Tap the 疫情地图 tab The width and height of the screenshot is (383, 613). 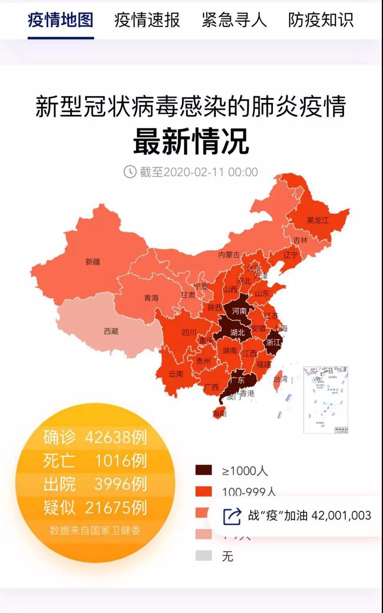60,20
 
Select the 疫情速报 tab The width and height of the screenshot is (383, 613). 147,20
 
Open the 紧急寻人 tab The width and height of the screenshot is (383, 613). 234,20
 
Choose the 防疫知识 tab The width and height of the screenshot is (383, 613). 321,20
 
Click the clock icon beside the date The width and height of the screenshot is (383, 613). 130,172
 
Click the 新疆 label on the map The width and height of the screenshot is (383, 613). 93,262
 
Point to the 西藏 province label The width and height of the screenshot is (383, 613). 111,331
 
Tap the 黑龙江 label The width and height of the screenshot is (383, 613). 318,220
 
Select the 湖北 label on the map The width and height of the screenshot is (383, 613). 237,333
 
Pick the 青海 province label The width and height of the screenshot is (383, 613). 151,298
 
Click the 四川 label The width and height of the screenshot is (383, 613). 189,333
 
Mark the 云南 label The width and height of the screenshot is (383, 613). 176,374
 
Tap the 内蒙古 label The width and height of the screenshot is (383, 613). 229,255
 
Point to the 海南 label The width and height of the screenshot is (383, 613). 220,413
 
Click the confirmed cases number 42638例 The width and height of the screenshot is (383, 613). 116,437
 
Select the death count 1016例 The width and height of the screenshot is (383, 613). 121,461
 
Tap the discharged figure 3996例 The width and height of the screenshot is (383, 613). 121,484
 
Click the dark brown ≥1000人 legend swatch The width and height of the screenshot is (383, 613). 204,470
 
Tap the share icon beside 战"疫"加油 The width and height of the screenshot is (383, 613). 232,516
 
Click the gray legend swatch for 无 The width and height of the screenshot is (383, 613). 204,556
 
